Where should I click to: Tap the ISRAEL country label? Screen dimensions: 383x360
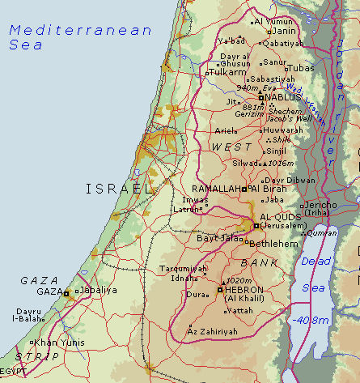[x=118, y=189]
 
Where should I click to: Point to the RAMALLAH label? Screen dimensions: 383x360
[x=217, y=188]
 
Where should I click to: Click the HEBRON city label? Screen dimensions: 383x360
[x=245, y=289]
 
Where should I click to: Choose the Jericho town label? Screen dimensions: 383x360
[x=319, y=206]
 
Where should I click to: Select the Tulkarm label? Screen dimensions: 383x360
[x=229, y=72]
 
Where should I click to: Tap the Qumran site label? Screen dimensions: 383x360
[x=322, y=232]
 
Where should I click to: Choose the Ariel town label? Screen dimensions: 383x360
[x=224, y=130]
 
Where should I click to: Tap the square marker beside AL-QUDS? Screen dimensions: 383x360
[x=256, y=226]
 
